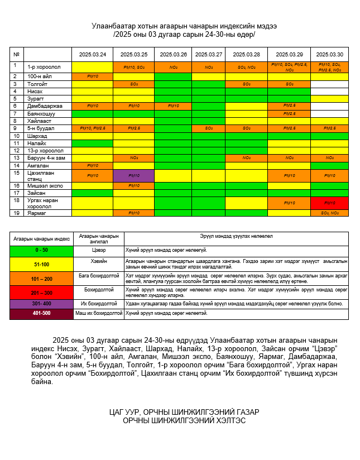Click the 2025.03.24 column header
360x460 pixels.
click(x=92, y=54)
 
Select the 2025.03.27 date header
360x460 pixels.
click(x=209, y=54)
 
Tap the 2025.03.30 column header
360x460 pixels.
click(x=329, y=54)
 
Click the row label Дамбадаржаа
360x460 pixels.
click(x=45, y=106)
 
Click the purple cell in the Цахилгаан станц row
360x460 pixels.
click(x=133, y=175)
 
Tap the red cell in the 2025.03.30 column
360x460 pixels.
click(x=329, y=203)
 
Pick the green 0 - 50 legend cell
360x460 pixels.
click(x=41, y=251)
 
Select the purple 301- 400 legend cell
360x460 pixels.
click(x=41, y=303)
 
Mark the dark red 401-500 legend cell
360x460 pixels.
click(x=41, y=313)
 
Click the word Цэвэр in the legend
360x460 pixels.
click(x=98, y=251)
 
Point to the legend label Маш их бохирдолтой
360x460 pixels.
click(x=98, y=313)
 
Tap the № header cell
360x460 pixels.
click(x=17, y=54)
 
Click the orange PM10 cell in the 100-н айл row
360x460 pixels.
click(x=92, y=76)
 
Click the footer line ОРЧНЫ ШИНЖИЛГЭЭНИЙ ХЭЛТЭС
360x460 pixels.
click(x=184, y=420)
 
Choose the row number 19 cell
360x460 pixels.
click(x=17, y=213)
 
